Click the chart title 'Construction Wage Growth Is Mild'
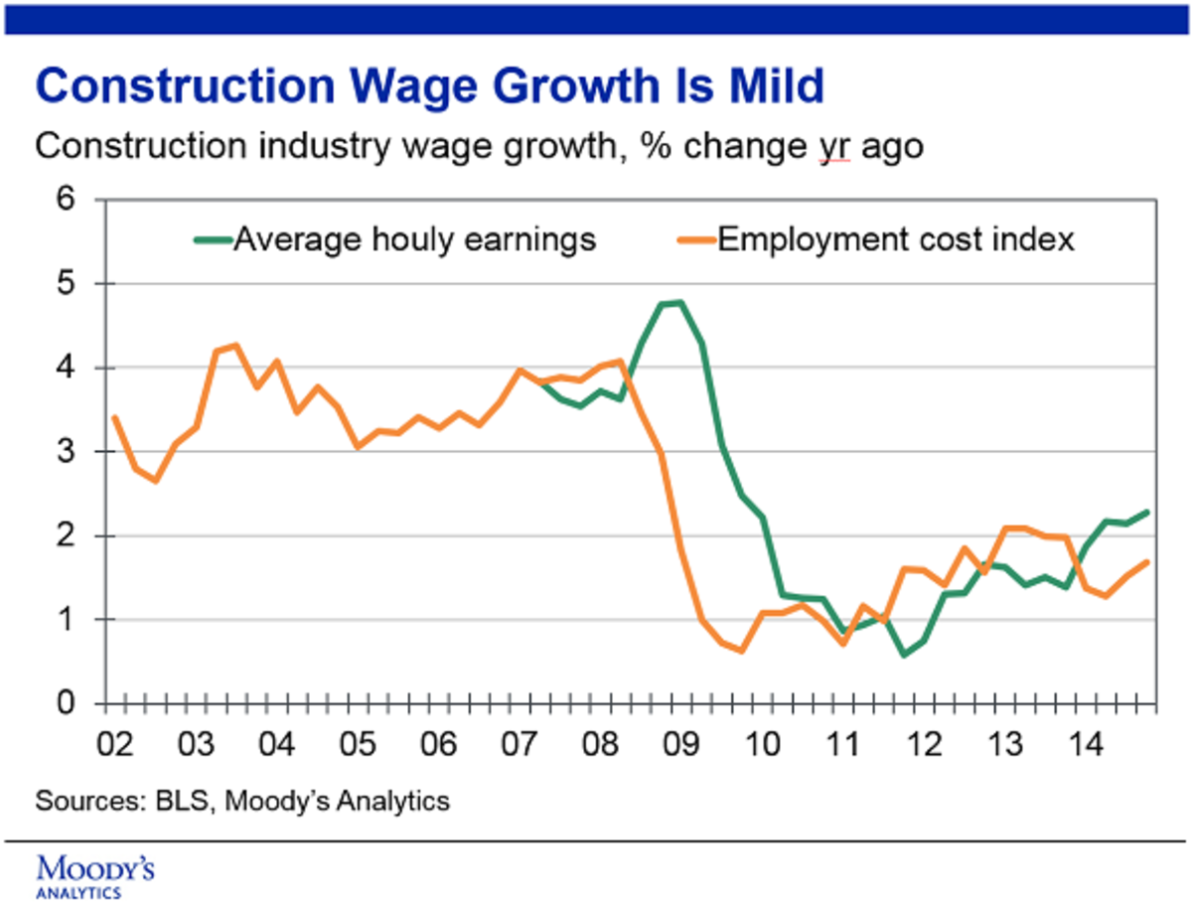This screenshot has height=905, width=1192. pos(430,86)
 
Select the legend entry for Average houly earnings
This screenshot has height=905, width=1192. pos(397,240)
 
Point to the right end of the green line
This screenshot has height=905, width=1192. pos(1148,513)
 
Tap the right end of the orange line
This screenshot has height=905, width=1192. pos(1148,562)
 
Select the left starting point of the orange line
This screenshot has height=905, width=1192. pos(115,417)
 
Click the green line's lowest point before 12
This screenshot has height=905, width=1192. pos(903,655)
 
